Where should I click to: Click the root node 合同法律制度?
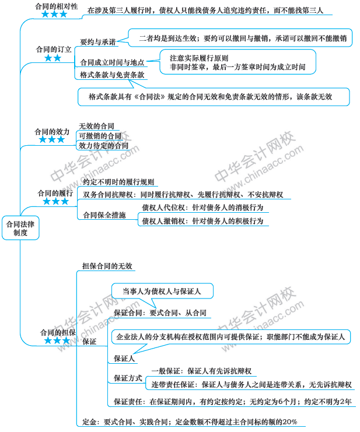coord(20,228)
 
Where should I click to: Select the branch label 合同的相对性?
coord(56,6)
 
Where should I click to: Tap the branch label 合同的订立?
coord(54,50)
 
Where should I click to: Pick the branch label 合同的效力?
coord(52,132)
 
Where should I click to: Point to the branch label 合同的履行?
coord(55,193)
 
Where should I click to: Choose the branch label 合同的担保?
coord(58,332)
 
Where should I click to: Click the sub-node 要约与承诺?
coord(98,42)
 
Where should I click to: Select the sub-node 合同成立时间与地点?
coord(112,62)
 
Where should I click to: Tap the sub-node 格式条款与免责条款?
coord(112,75)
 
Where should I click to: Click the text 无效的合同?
coord(96,126)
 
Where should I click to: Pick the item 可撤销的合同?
coord(100,136)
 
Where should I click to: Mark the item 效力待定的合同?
coord(104,146)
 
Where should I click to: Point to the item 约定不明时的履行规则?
coord(118,182)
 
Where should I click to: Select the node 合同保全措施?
coord(104,215)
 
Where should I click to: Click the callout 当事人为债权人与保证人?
coord(162,291)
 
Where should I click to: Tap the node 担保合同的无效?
coord(107,266)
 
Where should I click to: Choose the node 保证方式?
coord(128,378)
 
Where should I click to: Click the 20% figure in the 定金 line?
coord(290,422)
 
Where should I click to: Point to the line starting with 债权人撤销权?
coord(202,221)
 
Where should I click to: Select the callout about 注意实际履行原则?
coord(237,62)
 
